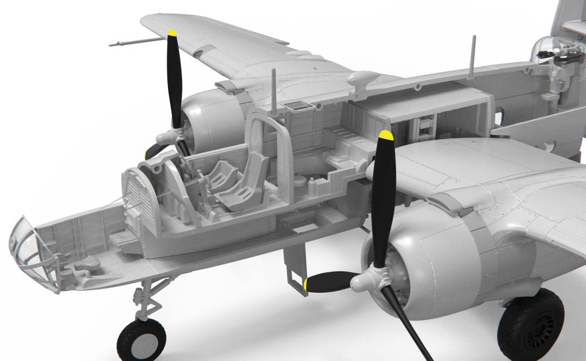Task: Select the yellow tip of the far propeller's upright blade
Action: coord(171,33)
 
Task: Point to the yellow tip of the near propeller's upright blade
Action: coord(386,135)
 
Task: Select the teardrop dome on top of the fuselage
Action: coord(362,78)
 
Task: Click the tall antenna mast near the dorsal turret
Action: coord(473,56)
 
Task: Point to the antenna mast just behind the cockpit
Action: coord(274,90)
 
